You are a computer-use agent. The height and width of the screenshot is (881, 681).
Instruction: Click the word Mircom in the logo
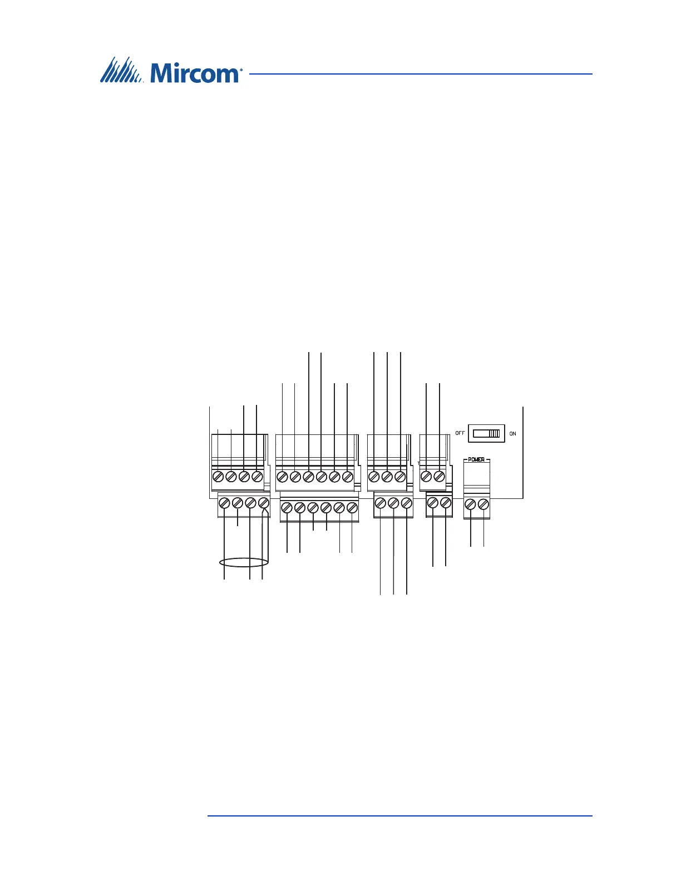[x=194, y=72]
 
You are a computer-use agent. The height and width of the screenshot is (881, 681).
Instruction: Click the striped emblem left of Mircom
[x=121, y=70]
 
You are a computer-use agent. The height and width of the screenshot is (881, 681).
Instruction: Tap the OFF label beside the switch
[x=460, y=433]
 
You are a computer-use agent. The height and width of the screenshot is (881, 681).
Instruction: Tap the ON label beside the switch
[x=512, y=433]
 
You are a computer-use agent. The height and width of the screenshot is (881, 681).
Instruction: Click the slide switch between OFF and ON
[x=486, y=433]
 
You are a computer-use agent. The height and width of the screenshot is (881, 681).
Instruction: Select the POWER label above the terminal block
[x=476, y=459]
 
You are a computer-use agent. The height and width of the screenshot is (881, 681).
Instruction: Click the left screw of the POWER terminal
[x=470, y=504]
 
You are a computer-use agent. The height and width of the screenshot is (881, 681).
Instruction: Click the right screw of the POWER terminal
[x=483, y=504]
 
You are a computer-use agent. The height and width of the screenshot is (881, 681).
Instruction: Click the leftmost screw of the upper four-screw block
[x=218, y=477]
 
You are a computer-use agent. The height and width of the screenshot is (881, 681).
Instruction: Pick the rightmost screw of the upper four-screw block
[x=256, y=477]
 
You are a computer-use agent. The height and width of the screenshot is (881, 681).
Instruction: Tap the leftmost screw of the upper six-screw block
[x=282, y=477]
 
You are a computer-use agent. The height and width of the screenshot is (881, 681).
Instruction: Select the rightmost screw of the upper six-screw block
[x=347, y=477]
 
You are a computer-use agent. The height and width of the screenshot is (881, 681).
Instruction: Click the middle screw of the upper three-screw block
[x=387, y=477]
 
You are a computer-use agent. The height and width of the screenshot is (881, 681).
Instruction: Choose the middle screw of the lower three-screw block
[x=393, y=503]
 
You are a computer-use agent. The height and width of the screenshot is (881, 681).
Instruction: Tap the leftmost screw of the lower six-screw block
[x=287, y=508]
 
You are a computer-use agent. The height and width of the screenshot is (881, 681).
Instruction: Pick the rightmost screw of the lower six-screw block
[x=352, y=508]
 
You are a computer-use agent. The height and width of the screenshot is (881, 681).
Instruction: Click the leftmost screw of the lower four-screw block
[x=224, y=503]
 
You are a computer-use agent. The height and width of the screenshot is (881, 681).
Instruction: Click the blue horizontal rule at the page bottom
[x=399, y=816]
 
